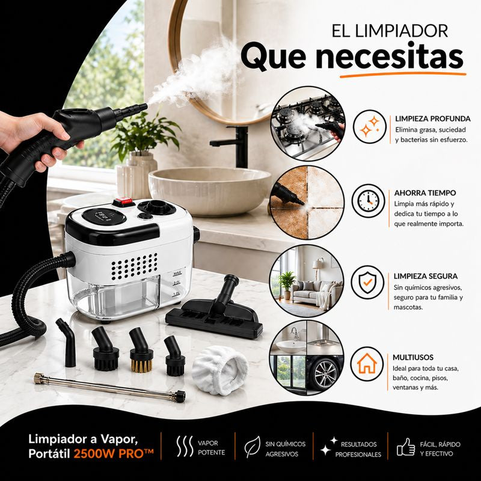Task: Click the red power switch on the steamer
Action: pos(124,202)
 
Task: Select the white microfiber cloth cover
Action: pos(219,370)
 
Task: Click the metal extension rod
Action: pos(109,387)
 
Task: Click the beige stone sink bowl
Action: pos(210,189)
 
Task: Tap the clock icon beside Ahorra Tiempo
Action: pos(368,201)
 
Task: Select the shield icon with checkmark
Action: pos(367,282)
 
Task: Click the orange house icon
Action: pos(367,364)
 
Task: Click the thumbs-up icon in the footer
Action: pos(405,447)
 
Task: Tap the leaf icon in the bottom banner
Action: pos(252,447)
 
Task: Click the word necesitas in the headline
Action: pos(389,57)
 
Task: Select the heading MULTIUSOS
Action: pos(413,357)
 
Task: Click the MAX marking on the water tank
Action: pos(177,274)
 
